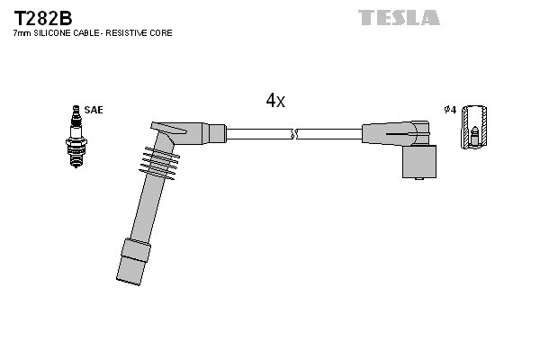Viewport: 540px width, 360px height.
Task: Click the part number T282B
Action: click(42, 17)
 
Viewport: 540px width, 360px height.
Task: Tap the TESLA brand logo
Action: click(399, 17)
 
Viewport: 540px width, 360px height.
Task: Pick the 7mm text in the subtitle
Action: click(21, 33)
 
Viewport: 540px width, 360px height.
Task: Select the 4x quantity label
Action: click(275, 101)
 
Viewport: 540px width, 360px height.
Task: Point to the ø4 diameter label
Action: click(451, 110)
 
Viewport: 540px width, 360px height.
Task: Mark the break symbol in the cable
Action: click(293, 134)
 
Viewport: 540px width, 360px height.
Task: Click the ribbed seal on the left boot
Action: click(159, 162)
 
